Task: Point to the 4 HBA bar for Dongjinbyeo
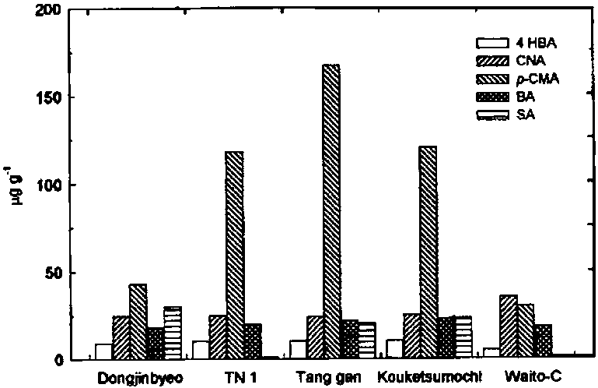pyautogui.click(x=103, y=351)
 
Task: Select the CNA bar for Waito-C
pyautogui.click(x=508, y=327)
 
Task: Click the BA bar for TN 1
pyautogui.click(x=251, y=342)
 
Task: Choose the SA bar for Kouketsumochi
pyautogui.click(x=463, y=338)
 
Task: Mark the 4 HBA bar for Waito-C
pyautogui.click(x=491, y=354)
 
